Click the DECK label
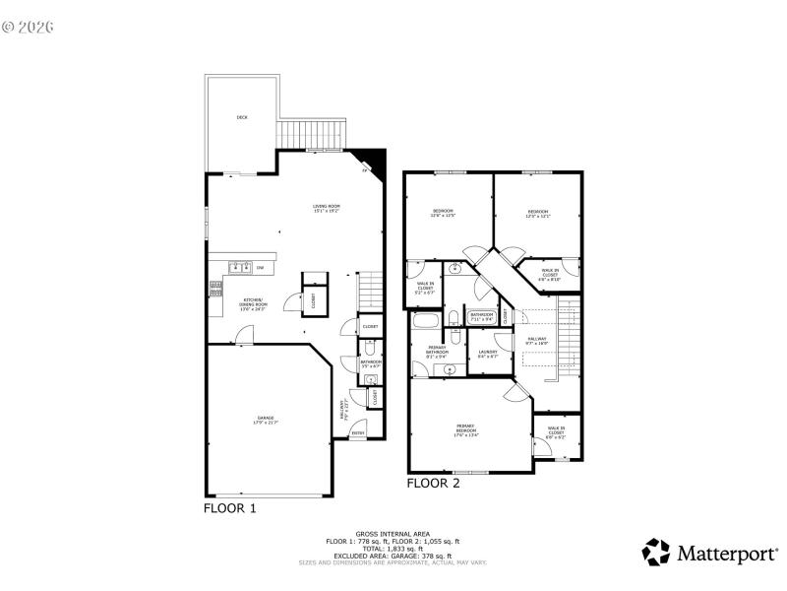click(x=242, y=117)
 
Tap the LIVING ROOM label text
click(x=326, y=208)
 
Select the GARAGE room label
click(x=266, y=419)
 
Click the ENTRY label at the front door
click(x=358, y=432)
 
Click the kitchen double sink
click(x=238, y=267)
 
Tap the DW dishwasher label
click(x=261, y=268)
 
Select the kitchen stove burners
click(x=213, y=288)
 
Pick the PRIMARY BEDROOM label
click(x=466, y=429)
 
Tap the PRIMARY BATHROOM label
click(x=436, y=350)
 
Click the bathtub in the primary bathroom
click(x=426, y=323)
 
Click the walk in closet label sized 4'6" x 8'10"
click(x=550, y=276)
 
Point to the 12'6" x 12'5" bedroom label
click(x=443, y=213)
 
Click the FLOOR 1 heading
click(x=229, y=509)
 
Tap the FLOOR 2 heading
click(x=433, y=484)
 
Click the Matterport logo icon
click(x=657, y=553)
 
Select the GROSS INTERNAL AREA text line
click(x=393, y=536)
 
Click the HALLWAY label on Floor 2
click(x=538, y=341)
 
